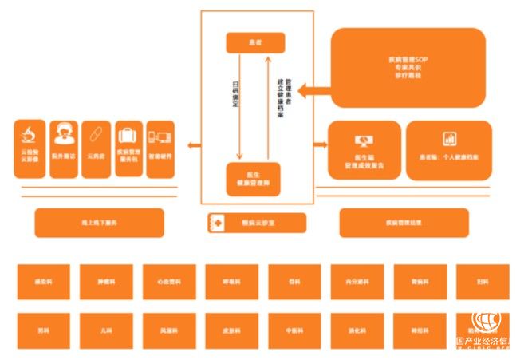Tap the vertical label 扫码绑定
click(x=235, y=94)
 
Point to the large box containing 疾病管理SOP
click(x=408, y=67)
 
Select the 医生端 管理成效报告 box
click(x=364, y=150)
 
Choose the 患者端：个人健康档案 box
click(x=447, y=150)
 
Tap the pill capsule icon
click(x=94, y=133)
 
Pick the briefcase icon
click(x=128, y=133)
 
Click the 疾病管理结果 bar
click(x=404, y=223)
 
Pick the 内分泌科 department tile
click(x=357, y=282)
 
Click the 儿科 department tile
click(x=105, y=329)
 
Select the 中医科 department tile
click(x=294, y=329)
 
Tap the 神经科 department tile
click(x=420, y=329)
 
